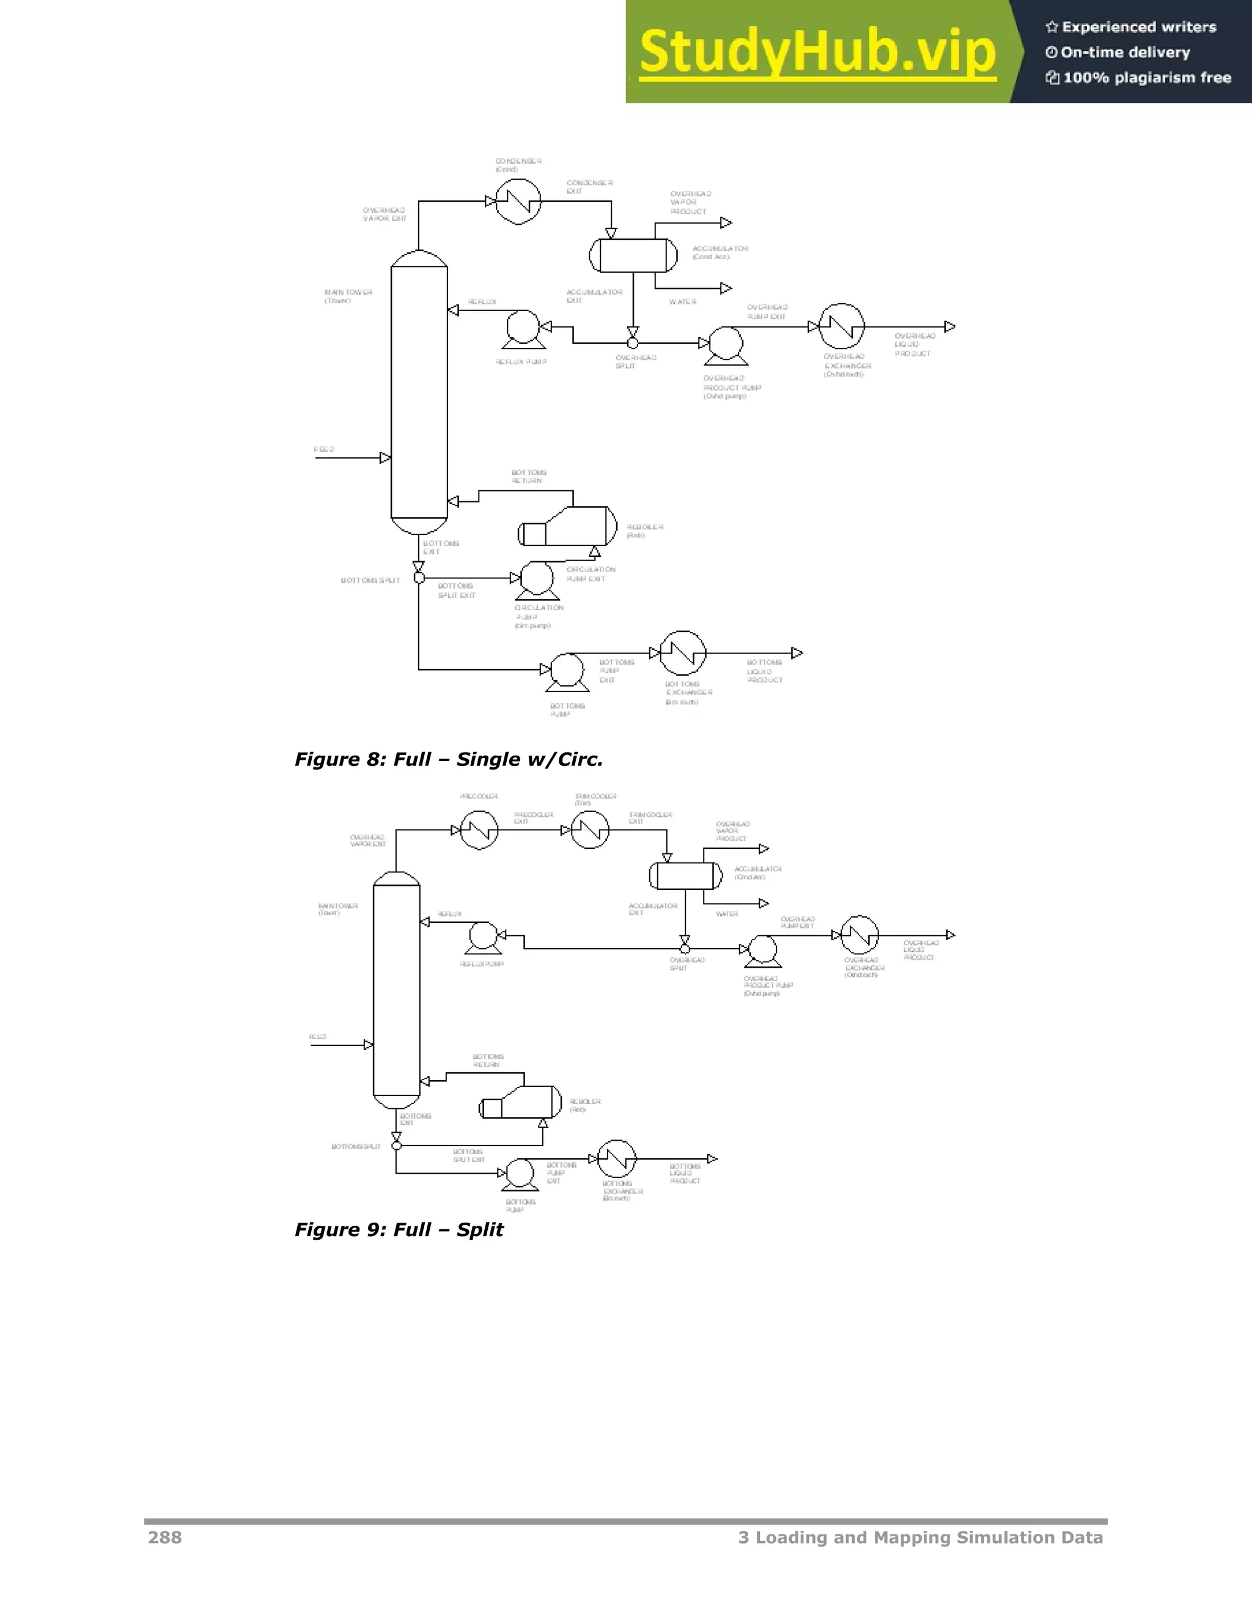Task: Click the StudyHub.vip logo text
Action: (817, 53)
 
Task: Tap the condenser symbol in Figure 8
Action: (518, 201)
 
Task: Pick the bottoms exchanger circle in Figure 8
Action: (683, 654)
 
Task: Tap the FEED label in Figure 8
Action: (324, 449)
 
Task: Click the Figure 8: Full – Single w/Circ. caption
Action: (449, 759)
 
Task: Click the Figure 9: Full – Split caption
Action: (399, 1230)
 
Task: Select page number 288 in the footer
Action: (164, 1537)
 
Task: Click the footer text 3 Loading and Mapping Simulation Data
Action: (919, 1537)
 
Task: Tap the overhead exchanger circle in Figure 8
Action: (842, 326)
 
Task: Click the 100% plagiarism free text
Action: (1146, 78)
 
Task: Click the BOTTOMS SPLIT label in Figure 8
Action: (370, 581)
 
